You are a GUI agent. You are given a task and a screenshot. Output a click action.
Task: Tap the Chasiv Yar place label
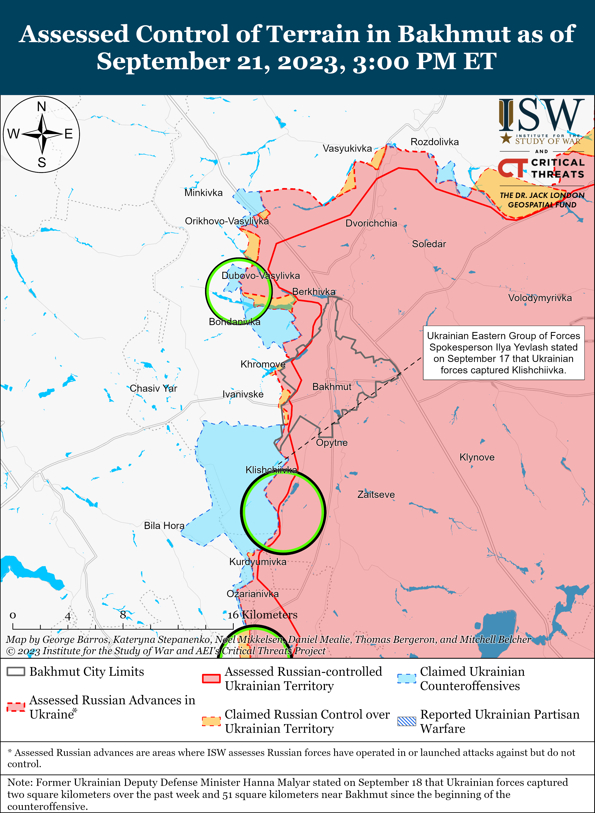click(154, 388)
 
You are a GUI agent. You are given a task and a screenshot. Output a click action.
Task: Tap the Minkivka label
click(203, 193)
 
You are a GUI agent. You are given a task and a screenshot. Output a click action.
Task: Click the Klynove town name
click(477, 457)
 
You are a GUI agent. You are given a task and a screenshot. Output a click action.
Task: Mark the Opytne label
click(332, 443)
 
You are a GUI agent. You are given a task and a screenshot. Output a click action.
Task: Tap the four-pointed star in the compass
click(42, 134)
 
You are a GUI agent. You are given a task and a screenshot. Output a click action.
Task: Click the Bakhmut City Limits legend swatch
click(16, 671)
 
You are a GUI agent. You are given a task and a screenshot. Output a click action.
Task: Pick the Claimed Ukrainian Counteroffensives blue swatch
click(407, 679)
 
